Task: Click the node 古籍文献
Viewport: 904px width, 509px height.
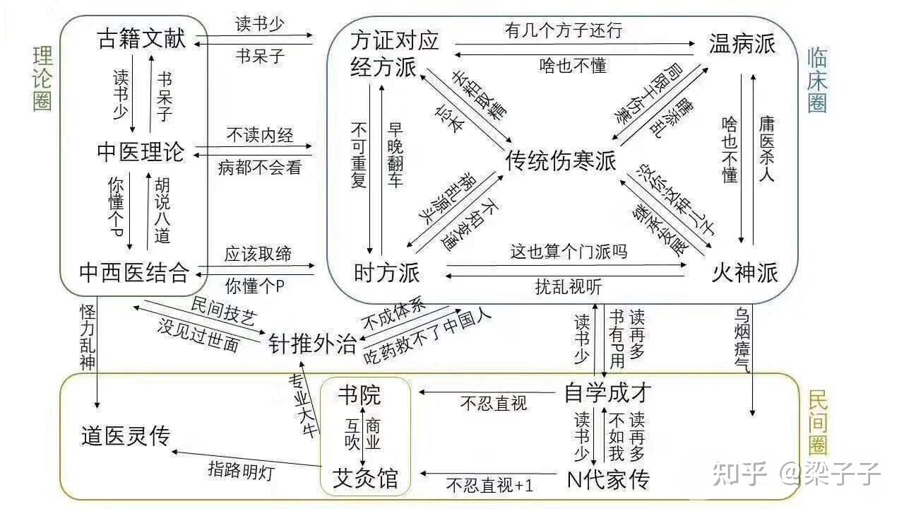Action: click(x=141, y=38)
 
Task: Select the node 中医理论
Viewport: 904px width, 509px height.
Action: click(x=141, y=151)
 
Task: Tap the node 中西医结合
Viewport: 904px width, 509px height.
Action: click(x=134, y=271)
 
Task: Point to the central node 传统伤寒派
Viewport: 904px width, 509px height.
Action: click(x=561, y=160)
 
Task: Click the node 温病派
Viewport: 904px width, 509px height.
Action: click(x=742, y=44)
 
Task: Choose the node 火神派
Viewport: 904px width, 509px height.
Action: click(x=744, y=272)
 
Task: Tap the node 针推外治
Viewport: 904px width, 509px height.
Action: click(x=313, y=344)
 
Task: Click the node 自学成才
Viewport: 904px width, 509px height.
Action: click(x=607, y=392)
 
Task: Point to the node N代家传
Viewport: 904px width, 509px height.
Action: click(x=608, y=479)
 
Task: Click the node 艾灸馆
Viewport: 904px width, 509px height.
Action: click(x=364, y=479)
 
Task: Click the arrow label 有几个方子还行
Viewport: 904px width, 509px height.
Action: click(x=564, y=30)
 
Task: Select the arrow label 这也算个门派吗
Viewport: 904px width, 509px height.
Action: click(x=569, y=251)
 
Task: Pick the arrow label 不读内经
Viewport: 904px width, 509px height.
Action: click(x=259, y=134)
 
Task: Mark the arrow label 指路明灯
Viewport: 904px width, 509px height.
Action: click(x=241, y=469)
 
